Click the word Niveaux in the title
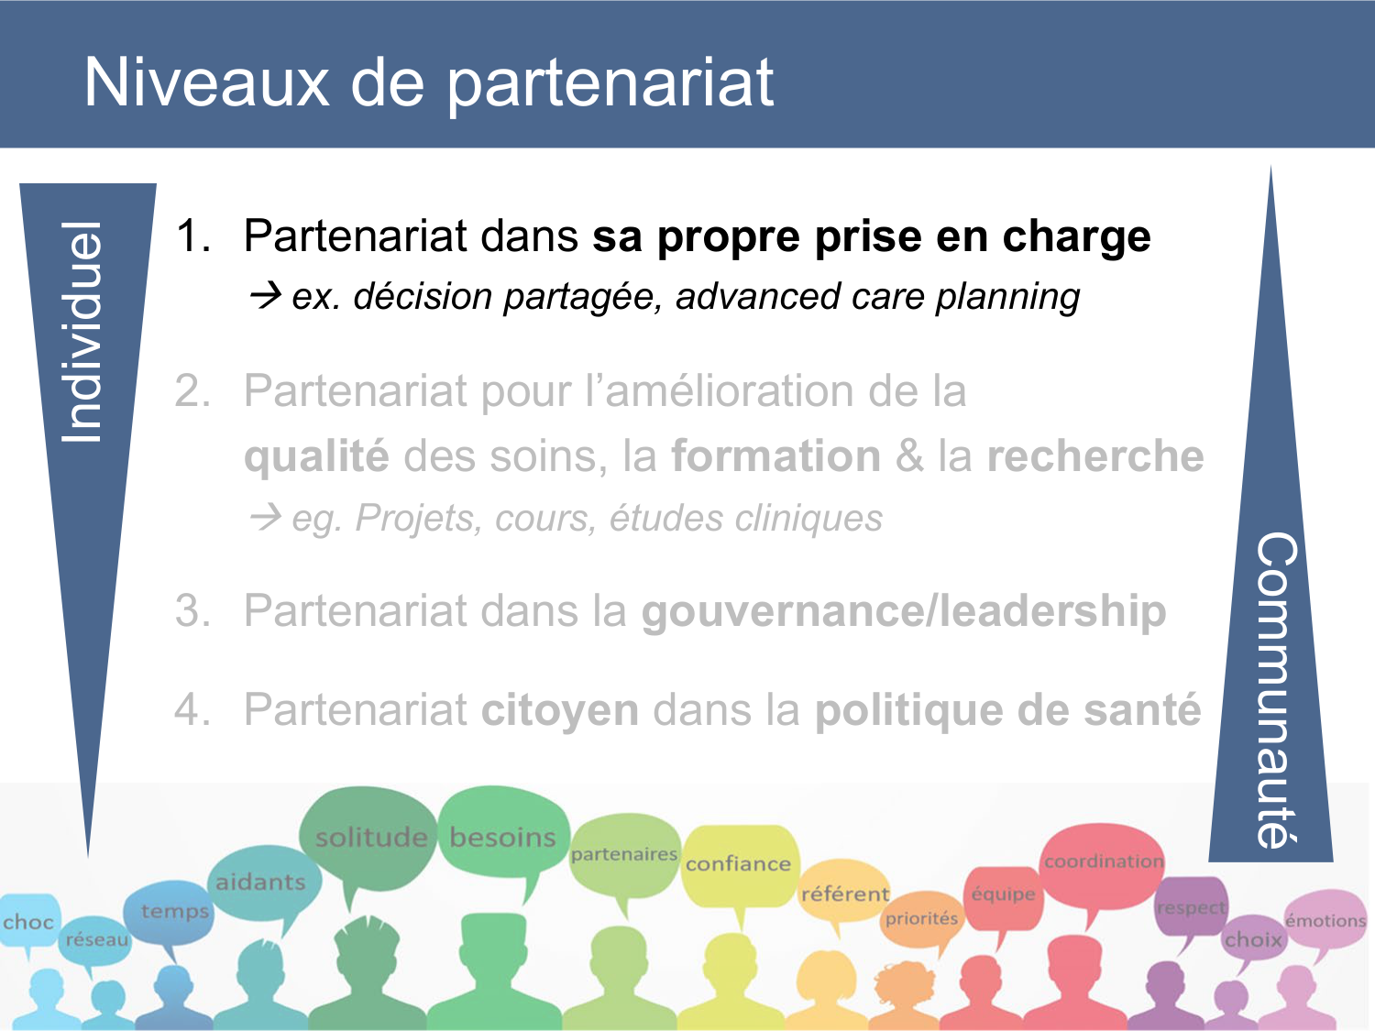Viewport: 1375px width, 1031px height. pos(206,82)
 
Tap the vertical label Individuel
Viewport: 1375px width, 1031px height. pos(82,332)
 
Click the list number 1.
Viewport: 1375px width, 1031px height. pos(192,236)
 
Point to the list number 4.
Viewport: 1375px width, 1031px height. pos(192,710)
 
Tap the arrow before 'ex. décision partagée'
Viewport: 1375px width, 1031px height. pos(266,296)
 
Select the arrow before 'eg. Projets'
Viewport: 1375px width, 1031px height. pos(266,518)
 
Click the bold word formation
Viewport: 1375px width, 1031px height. pos(775,455)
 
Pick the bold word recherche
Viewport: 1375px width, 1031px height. pos(1094,455)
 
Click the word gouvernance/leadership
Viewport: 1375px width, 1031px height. pos(903,611)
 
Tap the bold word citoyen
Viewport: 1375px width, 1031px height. pos(560,710)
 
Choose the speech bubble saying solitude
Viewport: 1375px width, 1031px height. pos(370,836)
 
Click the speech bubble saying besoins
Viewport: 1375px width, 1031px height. pos(502,836)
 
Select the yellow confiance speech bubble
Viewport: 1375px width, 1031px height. pos(738,863)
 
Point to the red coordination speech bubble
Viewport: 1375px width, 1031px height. pos(1103,861)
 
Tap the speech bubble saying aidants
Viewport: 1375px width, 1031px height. pos(261,882)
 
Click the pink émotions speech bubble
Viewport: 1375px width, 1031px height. pos(1325,920)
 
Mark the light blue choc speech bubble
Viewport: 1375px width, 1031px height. pos(28,922)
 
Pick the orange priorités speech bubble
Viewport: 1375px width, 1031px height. pos(921,918)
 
